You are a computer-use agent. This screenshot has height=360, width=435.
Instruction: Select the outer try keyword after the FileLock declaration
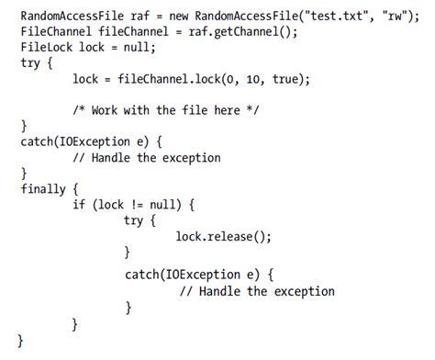tap(31, 63)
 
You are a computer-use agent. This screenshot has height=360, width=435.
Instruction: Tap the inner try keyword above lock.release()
tap(136, 220)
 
